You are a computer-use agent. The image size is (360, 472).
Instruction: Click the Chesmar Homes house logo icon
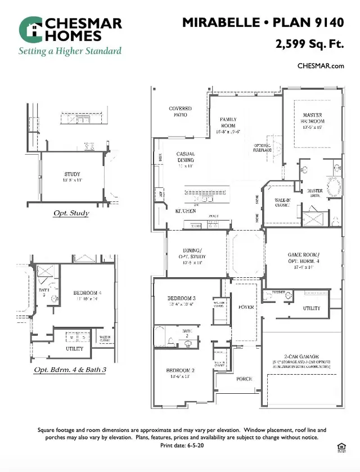[x=30, y=29]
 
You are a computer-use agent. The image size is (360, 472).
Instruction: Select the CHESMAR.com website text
[x=321, y=66]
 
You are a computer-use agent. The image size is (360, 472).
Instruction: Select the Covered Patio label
[x=180, y=111]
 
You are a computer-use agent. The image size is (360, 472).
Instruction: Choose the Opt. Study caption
[x=71, y=213]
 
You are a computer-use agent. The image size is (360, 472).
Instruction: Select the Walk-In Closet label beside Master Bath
[x=282, y=202]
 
